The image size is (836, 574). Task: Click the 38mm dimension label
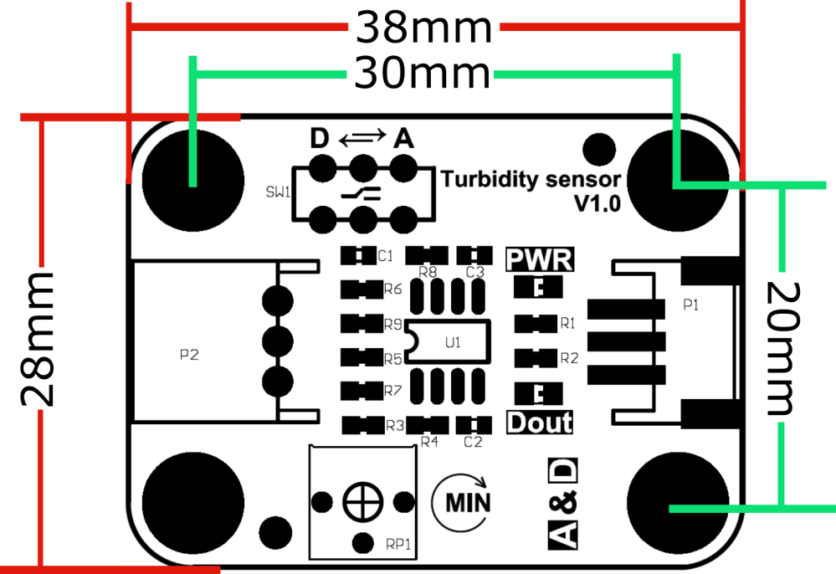424,28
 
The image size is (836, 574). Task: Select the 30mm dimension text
422,74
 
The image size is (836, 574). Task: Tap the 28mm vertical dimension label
38,340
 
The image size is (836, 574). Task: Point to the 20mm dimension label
782,349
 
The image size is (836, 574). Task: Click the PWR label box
540,259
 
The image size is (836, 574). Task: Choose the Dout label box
540,422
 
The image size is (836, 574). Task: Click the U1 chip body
448,341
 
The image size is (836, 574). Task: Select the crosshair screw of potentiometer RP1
363,502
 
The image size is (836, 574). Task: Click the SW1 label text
278,192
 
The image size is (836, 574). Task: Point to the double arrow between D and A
362,137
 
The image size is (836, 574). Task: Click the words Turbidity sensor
531,180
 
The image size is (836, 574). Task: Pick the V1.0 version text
598,203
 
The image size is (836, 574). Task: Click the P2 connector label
189,355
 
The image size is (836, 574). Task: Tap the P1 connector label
691,305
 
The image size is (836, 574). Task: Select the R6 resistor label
393,289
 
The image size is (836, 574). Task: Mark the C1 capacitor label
385,256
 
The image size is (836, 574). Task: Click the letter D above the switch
320,139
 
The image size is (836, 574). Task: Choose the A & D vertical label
562,504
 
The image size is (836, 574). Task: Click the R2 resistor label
569,358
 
